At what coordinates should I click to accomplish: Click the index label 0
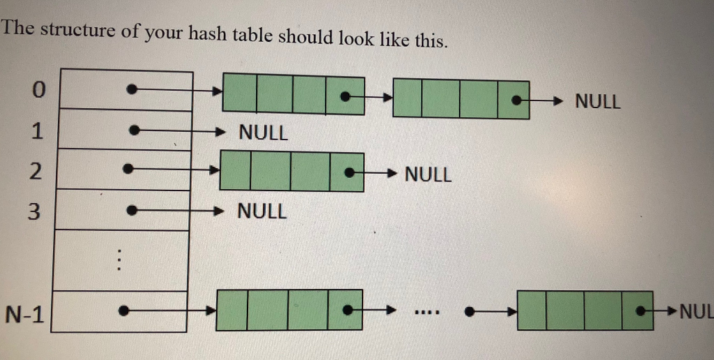(x=38, y=90)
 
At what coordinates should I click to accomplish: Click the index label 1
(x=37, y=130)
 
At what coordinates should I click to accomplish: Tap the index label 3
(x=35, y=211)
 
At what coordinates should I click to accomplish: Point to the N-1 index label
(x=24, y=315)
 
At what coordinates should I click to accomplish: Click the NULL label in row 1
(x=263, y=133)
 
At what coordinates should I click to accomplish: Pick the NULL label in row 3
(x=262, y=211)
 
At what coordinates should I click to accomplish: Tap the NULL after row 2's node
(x=428, y=174)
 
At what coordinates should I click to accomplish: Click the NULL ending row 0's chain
(x=598, y=102)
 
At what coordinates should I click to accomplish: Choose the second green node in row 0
(x=461, y=98)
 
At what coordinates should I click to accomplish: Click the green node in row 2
(x=291, y=171)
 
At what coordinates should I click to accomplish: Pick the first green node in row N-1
(x=289, y=309)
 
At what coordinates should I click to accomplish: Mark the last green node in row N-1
(x=585, y=310)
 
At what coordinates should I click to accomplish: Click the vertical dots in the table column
(x=119, y=261)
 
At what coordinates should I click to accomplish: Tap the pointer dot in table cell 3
(x=130, y=209)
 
